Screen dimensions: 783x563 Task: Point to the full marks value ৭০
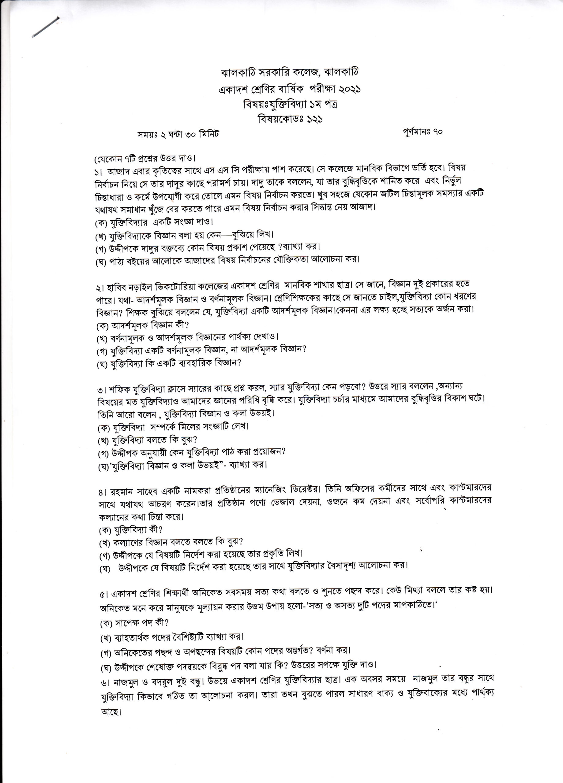[x=436, y=132]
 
